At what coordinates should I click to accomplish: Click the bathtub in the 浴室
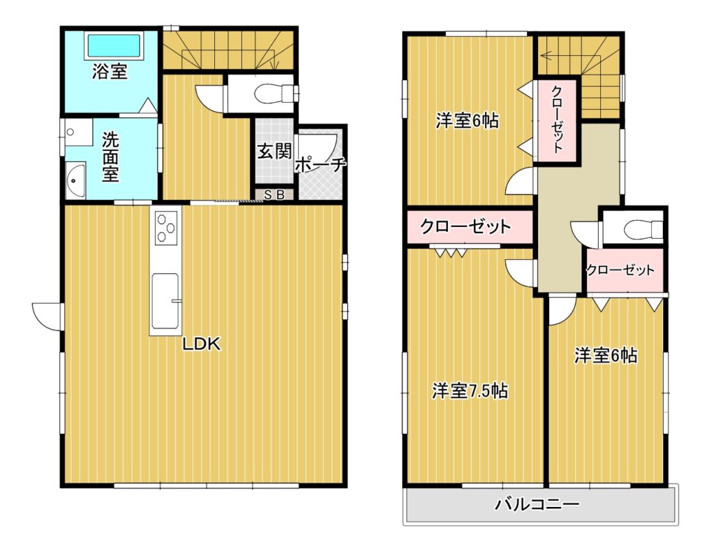(114, 45)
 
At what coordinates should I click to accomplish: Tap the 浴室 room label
(110, 71)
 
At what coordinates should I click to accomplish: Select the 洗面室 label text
(110, 156)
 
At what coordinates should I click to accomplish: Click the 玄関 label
(274, 152)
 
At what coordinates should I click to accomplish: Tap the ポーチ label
(320, 165)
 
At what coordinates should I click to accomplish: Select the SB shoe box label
(274, 195)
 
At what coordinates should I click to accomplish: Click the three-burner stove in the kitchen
(166, 228)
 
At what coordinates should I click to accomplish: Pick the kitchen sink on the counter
(165, 300)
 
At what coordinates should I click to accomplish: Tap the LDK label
(201, 344)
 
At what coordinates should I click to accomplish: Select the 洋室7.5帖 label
(470, 390)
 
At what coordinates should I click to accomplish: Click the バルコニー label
(537, 504)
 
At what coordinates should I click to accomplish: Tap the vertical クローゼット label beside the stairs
(557, 119)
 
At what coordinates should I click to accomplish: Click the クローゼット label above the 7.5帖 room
(465, 226)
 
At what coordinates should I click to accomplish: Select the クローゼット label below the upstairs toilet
(620, 270)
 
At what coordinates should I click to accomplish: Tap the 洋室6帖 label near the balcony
(606, 356)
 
